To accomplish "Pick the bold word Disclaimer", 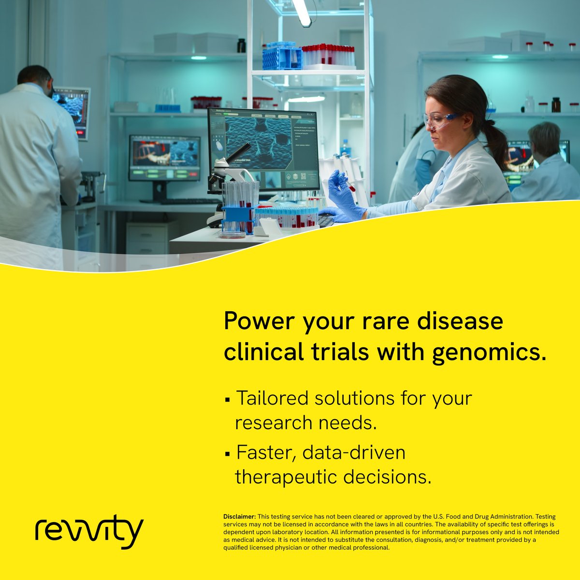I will tap(239, 517).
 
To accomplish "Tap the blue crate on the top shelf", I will tap(282, 56).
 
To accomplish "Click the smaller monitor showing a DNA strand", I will tap(164, 158).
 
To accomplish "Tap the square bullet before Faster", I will tap(227, 455).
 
